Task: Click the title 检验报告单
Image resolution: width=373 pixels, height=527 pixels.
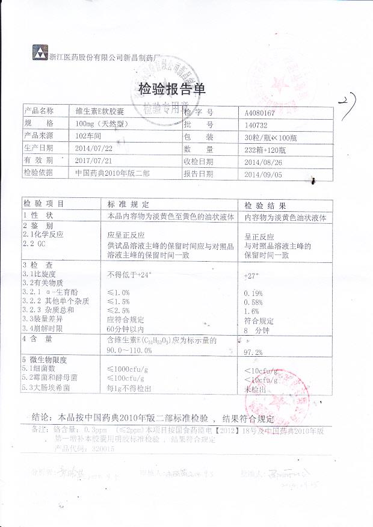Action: [172, 90]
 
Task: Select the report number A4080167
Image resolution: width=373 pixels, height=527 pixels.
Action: [260, 112]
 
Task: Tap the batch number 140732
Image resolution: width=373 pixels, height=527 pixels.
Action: [256, 125]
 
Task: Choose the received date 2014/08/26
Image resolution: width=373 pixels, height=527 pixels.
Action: [262, 162]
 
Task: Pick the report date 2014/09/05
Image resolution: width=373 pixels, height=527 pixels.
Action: [263, 174]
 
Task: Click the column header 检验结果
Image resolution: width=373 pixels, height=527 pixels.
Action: [260, 205]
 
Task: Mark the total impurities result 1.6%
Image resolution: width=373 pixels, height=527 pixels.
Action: [251, 311]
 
